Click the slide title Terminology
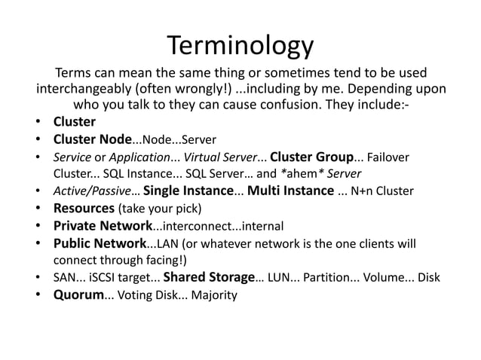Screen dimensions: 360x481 (240, 46)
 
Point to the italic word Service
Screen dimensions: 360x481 (71, 157)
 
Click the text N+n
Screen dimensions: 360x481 (360, 191)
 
